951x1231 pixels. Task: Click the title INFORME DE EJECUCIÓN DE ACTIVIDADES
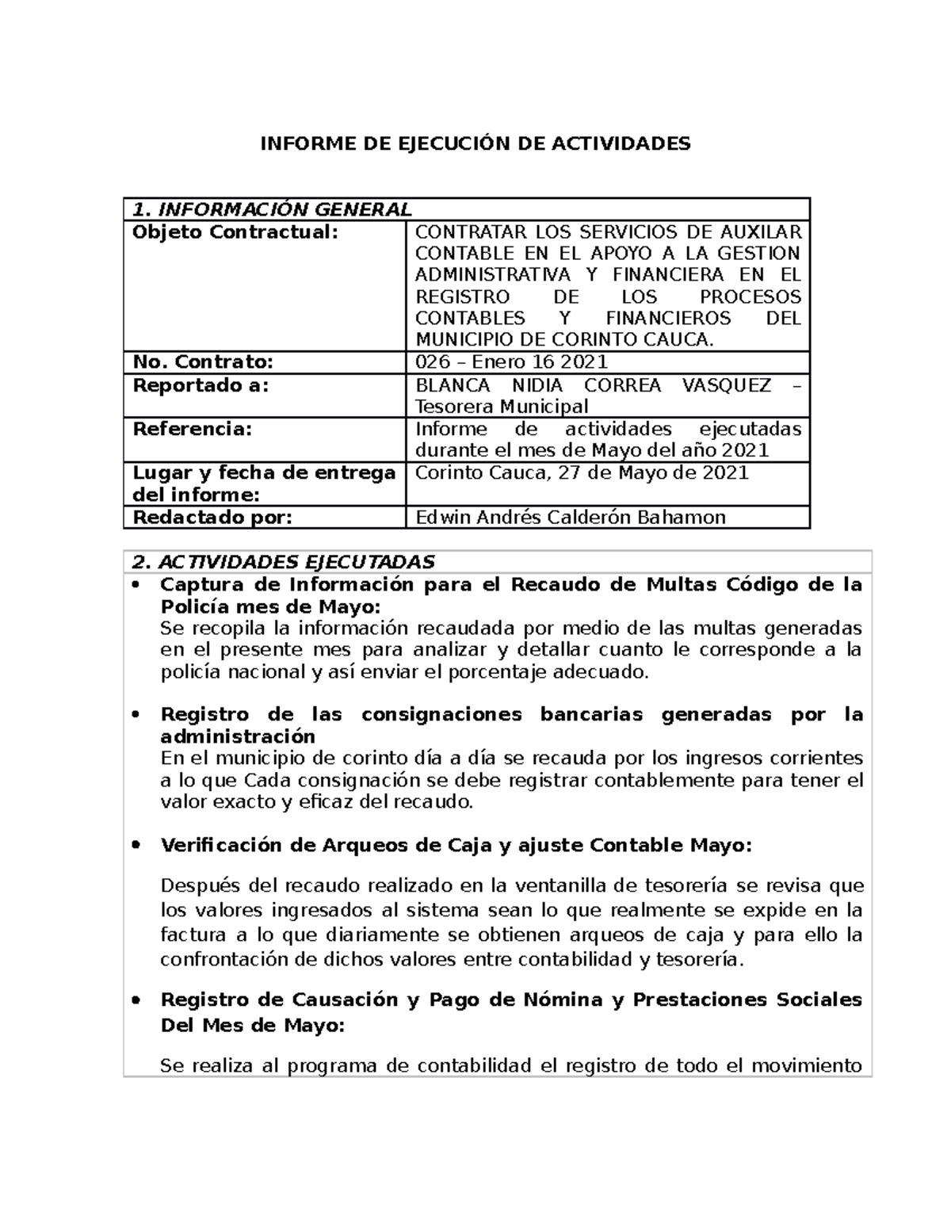(x=475, y=143)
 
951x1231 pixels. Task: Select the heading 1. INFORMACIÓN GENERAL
(x=272, y=209)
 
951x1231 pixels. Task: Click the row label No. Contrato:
(x=202, y=362)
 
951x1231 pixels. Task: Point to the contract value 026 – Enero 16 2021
(x=511, y=362)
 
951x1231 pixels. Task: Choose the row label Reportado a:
(x=201, y=385)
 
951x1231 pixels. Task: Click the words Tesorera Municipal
(x=502, y=407)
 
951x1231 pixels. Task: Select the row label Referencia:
(x=192, y=429)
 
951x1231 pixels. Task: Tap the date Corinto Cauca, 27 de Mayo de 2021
(x=582, y=472)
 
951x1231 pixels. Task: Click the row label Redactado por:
(x=212, y=518)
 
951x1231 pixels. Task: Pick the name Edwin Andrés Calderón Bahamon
(x=570, y=518)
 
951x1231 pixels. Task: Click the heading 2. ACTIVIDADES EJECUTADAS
(x=284, y=562)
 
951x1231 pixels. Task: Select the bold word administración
(x=238, y=736)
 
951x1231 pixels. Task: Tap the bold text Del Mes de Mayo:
(x=252, y=1025)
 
